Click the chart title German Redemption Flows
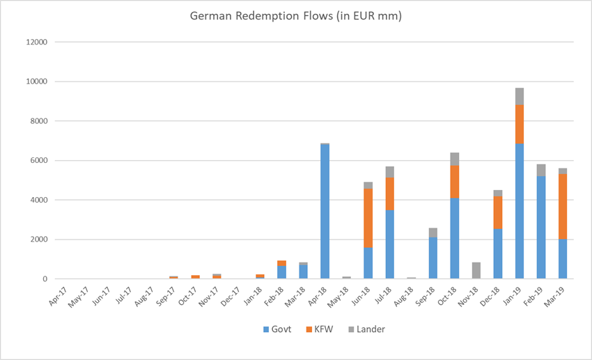295,16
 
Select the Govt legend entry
277,329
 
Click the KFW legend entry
320,329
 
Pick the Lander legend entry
366,329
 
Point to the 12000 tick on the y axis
37,42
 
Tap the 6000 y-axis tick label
39,160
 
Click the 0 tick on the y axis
45,279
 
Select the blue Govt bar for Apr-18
325,212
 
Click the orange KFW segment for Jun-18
368,218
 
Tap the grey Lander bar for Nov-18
476,271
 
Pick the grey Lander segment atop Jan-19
520,97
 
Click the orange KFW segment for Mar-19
563,207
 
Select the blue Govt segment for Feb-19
541,228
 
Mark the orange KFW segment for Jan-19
520,124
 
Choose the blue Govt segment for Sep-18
433,258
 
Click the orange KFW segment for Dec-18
498,212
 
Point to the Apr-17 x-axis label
58,297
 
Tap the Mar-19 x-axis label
554,297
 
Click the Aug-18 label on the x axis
403,297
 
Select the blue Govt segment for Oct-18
455,238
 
